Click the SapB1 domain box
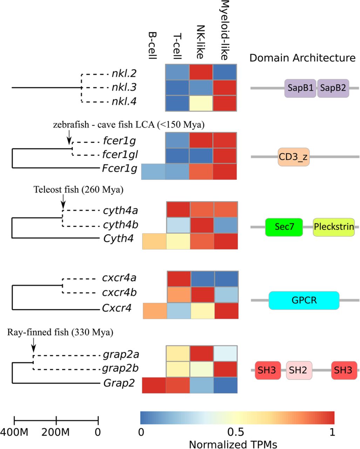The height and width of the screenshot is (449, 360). (300, 88)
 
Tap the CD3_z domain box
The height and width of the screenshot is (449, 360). (293, 157)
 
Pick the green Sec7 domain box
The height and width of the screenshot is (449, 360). (284, 227)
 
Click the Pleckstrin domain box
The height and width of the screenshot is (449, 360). (334, 227)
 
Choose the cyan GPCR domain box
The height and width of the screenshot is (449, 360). (304, 300)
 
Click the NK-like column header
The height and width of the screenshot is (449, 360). (201, 42)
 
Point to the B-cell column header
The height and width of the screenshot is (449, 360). (152, 46)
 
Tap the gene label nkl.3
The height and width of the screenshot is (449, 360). (123, 88)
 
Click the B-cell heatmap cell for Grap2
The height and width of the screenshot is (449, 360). (154, 386)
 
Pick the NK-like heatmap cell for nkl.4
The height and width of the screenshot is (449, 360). (201, 102)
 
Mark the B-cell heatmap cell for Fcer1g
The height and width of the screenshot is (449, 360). (153, 172)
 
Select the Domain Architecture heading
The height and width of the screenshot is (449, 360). (302, 58)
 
